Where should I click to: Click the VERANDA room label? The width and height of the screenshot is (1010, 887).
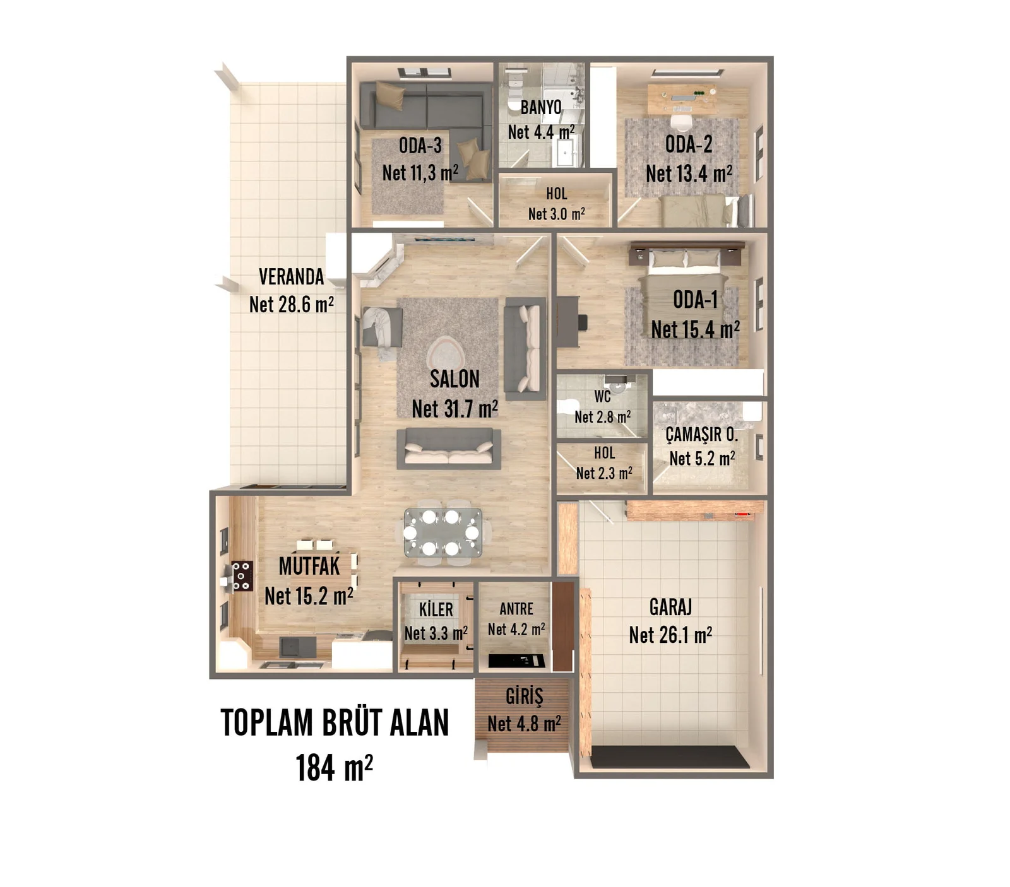(x=291, y=276)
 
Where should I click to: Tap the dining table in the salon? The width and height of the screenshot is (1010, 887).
(x=443, y=532)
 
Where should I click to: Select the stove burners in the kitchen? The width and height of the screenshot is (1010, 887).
(x=242, y=576)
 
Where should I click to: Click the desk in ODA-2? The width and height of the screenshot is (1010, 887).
(x=682, y=98)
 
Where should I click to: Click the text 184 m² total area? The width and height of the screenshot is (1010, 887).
(x=334, y=768)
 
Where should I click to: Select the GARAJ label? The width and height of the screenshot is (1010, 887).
(x=670, y=607)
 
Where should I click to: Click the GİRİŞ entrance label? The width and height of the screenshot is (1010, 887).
(x=524, y=696)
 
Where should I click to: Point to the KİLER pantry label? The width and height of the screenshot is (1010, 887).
(x=436, y=609)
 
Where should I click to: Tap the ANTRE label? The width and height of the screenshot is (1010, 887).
(x=516, y=609)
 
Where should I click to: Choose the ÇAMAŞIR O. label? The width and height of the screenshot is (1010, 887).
(x=701, y=434)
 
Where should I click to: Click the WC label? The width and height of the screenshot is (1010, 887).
(x=602, y=396)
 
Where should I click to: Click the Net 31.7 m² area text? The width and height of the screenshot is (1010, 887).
(x=454, y=408)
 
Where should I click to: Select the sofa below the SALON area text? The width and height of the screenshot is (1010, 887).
(x=449, y=449)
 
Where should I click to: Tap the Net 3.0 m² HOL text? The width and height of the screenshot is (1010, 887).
(x=556, y=214)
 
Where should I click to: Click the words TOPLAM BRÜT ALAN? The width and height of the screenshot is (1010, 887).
(x=335, y=723)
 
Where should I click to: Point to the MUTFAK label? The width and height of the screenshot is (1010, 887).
(x=309, y=566)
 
